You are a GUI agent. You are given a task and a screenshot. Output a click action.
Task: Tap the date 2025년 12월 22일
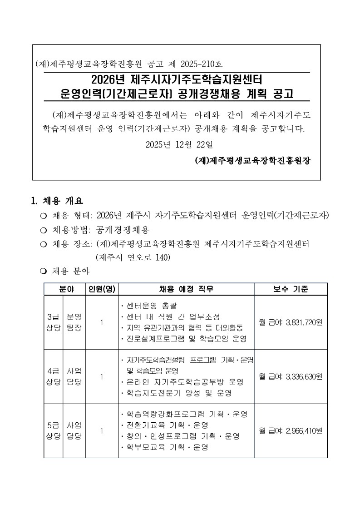[x=178, y=145]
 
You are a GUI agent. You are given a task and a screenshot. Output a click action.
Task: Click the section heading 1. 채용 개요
[x=57, y=201]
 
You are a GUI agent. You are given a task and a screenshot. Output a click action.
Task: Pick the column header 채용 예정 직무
[x=186, y=289]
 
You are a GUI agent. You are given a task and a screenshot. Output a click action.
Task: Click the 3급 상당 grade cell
[x=54, y=322]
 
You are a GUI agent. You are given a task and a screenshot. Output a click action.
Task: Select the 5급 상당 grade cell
[x=54, y=430]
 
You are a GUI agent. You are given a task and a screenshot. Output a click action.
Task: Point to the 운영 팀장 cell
[x=74, y=322]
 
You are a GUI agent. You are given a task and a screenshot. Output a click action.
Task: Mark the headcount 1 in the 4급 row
[x=102, y=376]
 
